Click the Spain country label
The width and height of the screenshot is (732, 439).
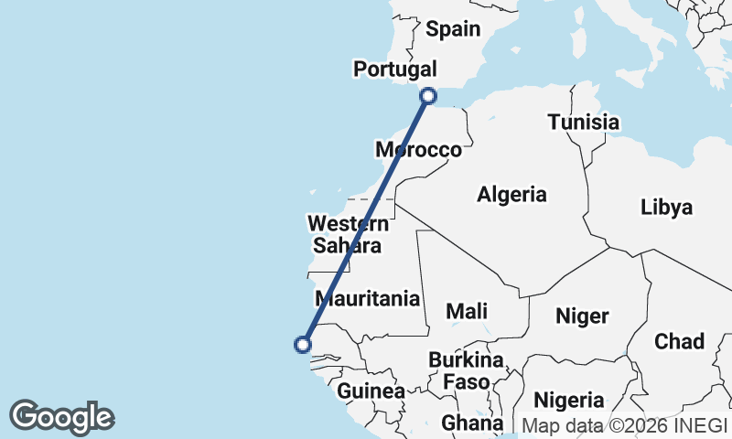click(453, 29)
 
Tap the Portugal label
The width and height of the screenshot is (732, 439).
click(395, 70)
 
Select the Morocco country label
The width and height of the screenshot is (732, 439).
click(419, 150)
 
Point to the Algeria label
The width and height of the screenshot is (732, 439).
click(511, 194)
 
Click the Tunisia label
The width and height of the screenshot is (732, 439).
click(584, 122)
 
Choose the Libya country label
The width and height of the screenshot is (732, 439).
click(666, 207)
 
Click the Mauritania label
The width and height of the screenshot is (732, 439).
click(368, 298)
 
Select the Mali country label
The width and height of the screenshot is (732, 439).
click(467, 311)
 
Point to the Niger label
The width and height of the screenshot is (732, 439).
click(582, 316)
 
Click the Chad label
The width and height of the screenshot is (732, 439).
click(679, 341)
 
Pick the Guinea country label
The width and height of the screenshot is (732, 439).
click(371, 391)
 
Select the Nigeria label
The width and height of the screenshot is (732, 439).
click(569, 400)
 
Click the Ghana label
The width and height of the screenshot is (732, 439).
click(472, 423)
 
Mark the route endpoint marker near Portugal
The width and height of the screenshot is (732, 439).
click(428, 95)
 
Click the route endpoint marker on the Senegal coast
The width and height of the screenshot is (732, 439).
click(303, 344)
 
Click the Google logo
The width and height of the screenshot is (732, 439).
click(61, 417)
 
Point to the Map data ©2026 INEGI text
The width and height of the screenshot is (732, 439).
click(624, 424)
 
